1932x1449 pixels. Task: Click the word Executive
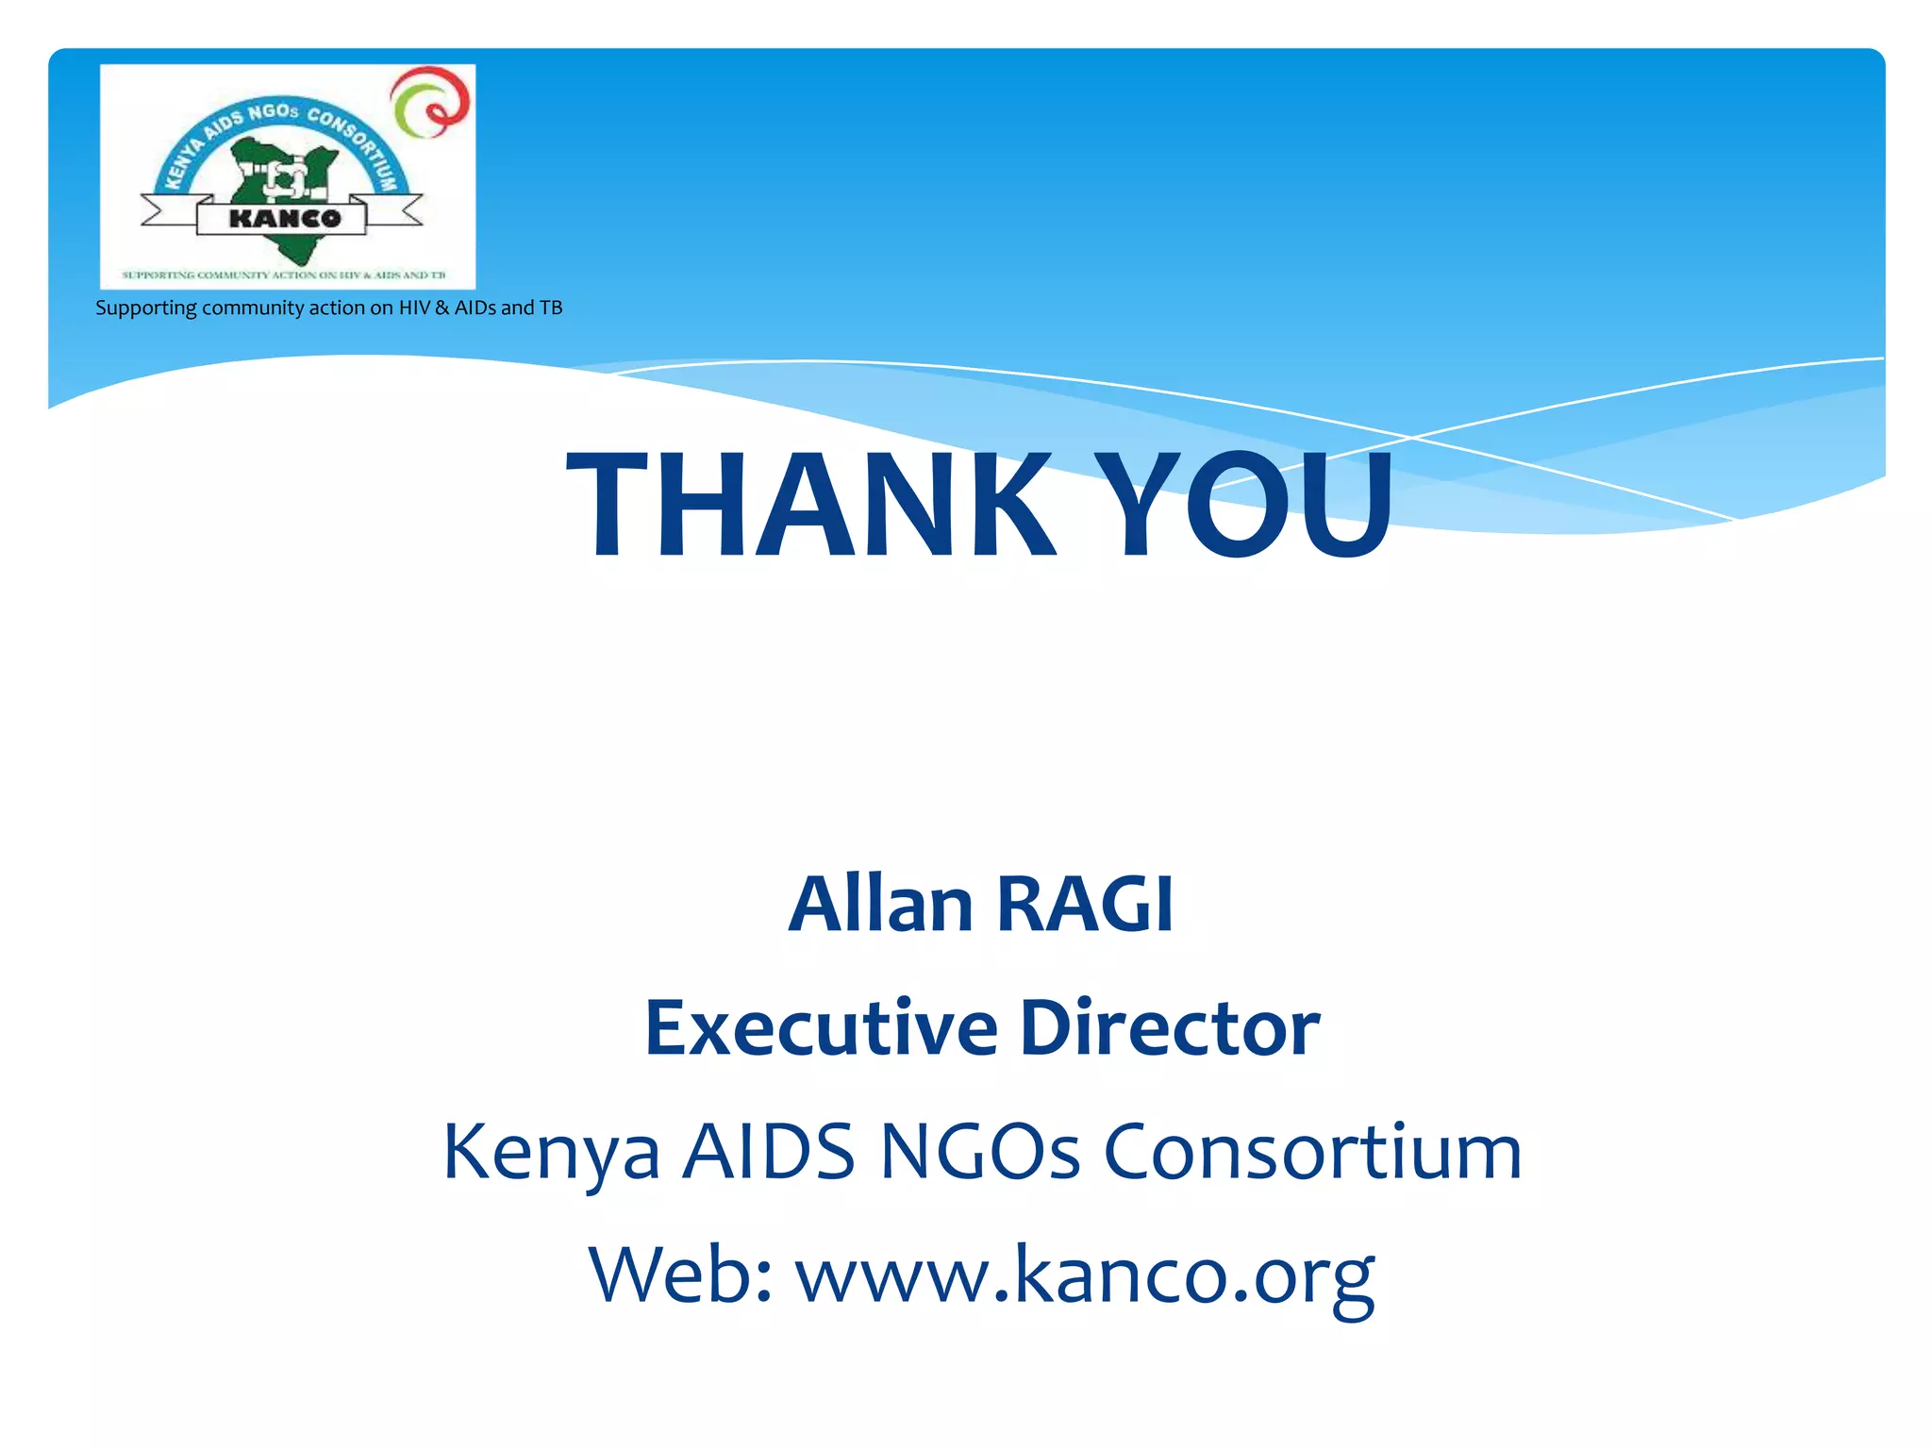821,1027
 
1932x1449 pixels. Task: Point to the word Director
1170,1027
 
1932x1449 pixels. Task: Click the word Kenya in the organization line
551,1153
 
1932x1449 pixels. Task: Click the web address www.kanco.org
1085,1275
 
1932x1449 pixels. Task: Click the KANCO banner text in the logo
283,219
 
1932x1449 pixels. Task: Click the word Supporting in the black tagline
146,308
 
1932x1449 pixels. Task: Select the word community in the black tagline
254,308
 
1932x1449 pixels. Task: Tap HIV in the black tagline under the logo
414,308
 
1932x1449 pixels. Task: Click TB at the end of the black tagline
551,308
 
